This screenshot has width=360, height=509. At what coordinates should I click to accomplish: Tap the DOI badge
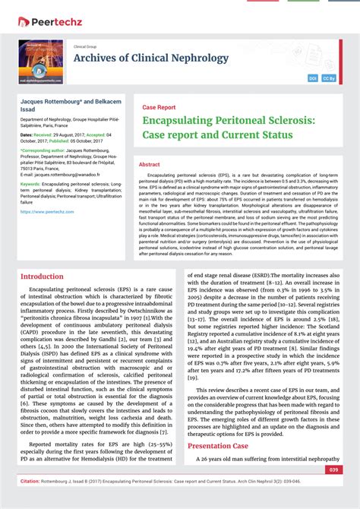click(313, 78)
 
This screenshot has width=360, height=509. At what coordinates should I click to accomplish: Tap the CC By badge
click(329, 78)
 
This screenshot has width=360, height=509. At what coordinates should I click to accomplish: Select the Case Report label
click(159, 108)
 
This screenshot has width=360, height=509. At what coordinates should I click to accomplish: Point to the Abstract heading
click(150, 164)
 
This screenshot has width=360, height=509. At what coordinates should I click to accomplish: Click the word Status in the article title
click(272, 135)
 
